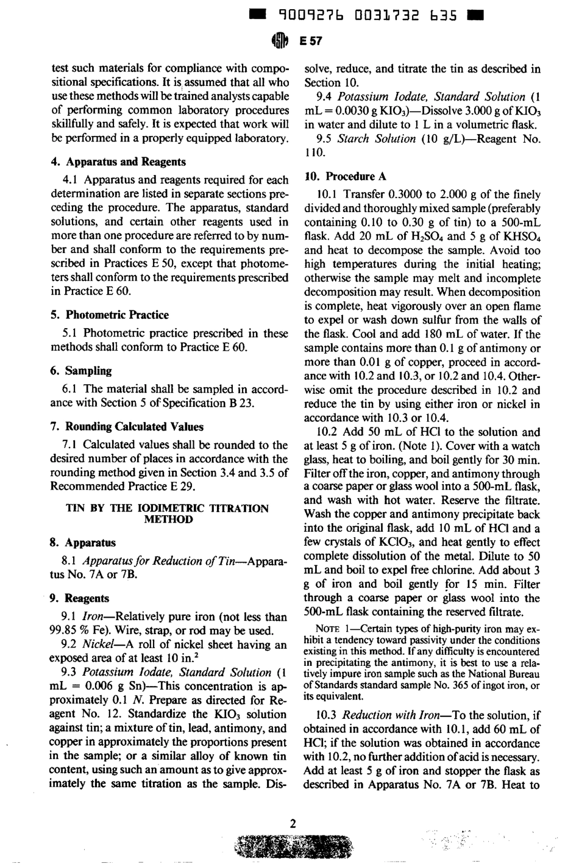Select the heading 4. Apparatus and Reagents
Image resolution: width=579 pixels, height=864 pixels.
click(118, 162)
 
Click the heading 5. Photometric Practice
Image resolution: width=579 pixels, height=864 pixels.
click(109, 315)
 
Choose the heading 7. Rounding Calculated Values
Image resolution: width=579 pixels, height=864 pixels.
click(126, 426)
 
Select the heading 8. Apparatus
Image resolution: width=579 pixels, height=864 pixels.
click(82, 542)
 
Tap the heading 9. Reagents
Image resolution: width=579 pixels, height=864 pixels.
click(80, 598)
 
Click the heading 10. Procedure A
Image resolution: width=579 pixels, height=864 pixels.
click(346, 177)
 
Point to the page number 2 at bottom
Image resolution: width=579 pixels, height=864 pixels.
click(293, 824)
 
